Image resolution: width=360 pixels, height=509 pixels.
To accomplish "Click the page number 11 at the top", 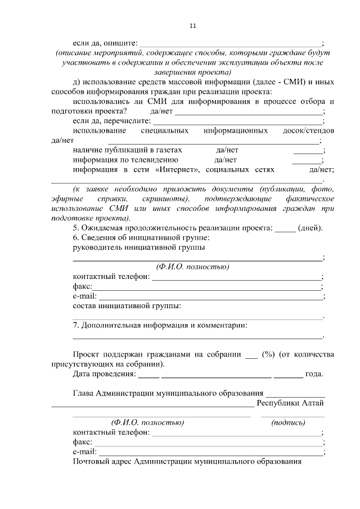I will [192, 26].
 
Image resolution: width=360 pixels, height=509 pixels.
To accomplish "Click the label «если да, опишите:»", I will [105, 43].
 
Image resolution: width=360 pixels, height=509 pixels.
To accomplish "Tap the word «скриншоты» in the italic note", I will [165, 199].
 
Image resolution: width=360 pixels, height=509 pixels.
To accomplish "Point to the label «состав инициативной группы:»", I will [127, 305].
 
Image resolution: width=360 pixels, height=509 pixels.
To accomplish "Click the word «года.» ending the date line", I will [314, 374].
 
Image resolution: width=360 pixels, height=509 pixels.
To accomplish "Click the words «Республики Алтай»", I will [290, 403].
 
